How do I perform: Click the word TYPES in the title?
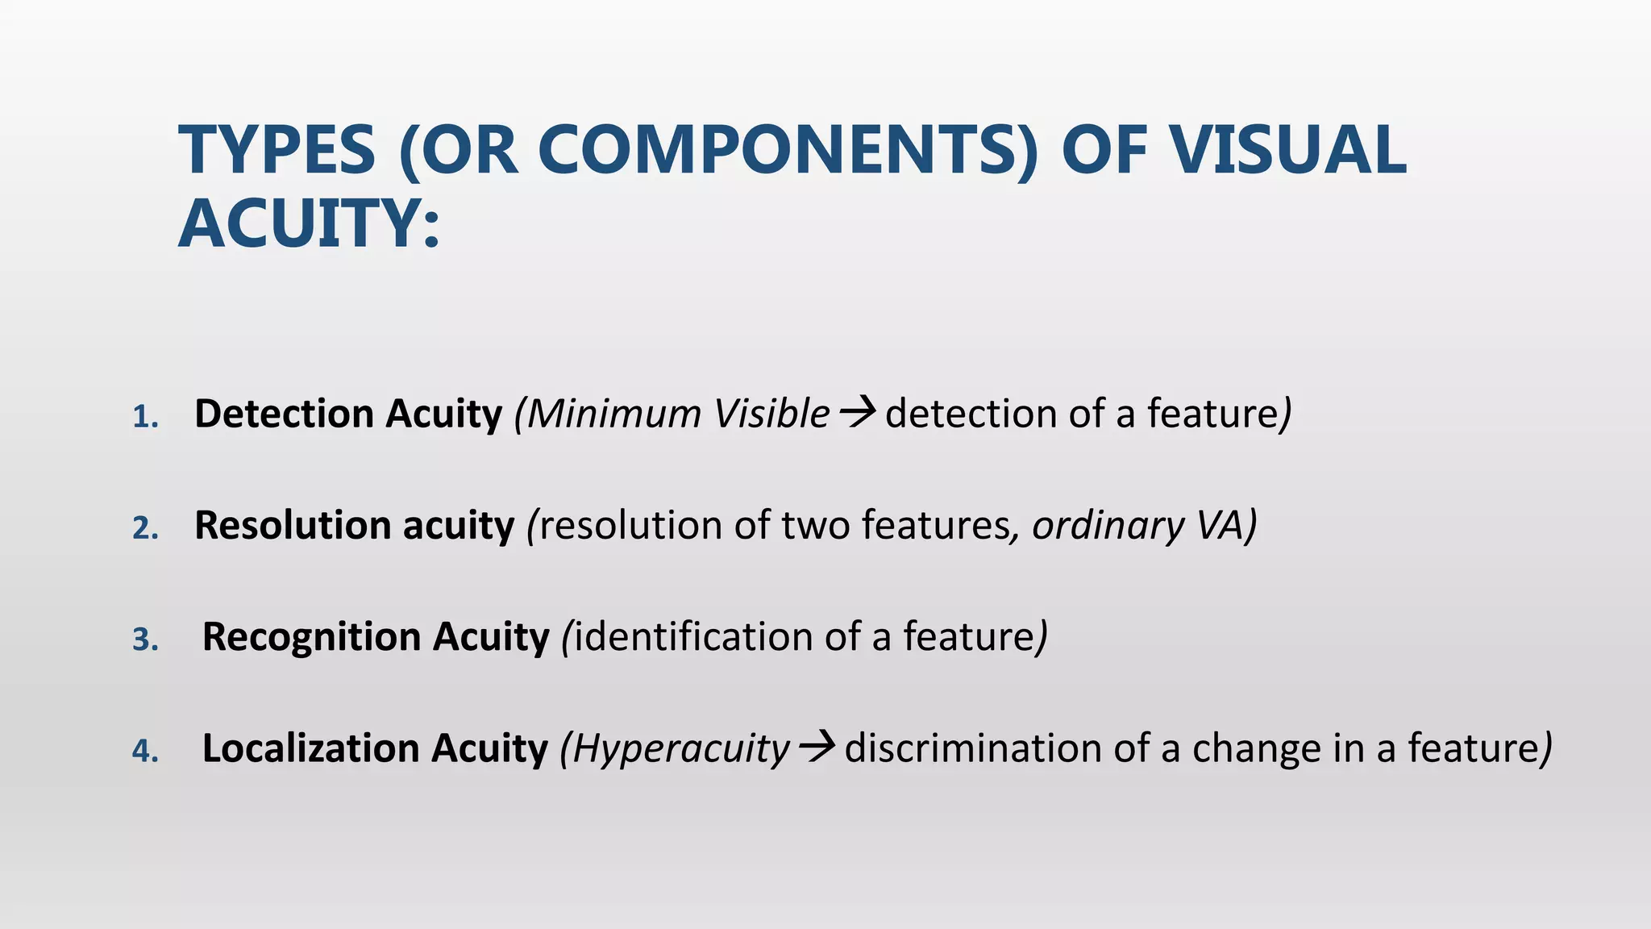277,150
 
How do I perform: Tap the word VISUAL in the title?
1288,150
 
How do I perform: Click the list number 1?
144,417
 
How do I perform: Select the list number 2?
144,528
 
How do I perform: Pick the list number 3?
144,639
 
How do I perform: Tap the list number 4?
144,751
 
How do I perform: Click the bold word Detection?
283,414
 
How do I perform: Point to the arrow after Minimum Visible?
857,414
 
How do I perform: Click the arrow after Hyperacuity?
816,748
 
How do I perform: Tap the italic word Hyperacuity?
682,749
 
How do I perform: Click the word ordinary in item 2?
1108,527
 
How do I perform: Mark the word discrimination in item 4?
973,748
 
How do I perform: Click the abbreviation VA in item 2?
1218,525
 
